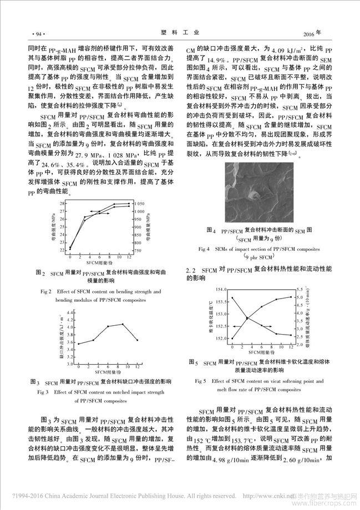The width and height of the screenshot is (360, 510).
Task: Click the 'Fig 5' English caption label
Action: [x=201, y=381]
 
